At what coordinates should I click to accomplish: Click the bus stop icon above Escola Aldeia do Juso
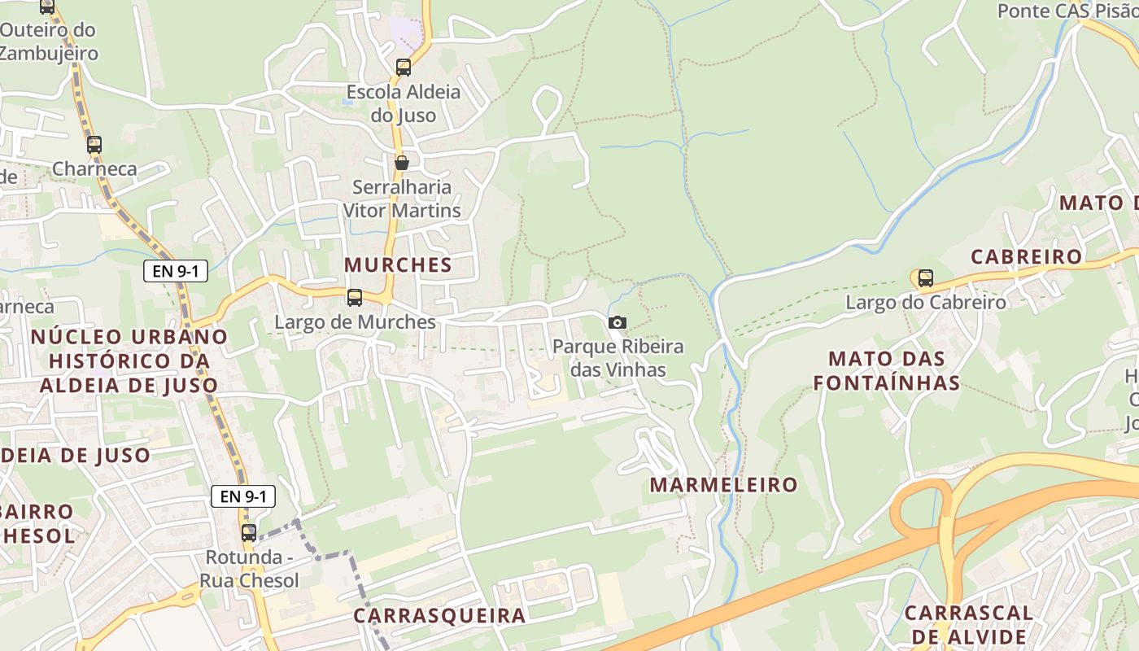[404, 68]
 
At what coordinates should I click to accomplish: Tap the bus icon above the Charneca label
[94, 145]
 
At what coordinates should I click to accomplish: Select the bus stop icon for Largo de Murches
[355, 298]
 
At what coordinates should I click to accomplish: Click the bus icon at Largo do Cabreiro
[926, 278]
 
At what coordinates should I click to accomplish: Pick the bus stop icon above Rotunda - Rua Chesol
[249, 533]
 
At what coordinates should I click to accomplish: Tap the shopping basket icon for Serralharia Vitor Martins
[402, 163]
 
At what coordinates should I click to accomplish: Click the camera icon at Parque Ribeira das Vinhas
[618, 323]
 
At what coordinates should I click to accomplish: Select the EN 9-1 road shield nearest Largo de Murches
[176, 271]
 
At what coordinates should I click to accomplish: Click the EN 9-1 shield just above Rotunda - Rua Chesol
[243, 496]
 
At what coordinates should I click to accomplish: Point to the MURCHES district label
[398, 264]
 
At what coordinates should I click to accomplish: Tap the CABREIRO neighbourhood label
[1027, 257]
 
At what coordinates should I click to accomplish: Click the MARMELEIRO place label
[724, 485]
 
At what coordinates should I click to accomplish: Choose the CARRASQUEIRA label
[439, 615]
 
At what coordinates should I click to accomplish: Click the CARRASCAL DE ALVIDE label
[968, 624]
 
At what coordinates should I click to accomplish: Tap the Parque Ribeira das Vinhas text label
[618, 358]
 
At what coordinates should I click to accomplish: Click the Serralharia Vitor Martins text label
[402, 199]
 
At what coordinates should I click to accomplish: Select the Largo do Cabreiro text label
[926, 303]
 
